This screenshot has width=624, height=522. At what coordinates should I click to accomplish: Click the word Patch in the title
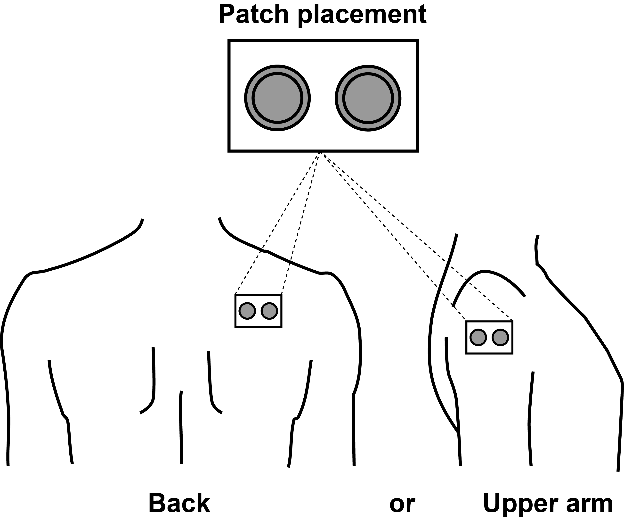pos(254,15)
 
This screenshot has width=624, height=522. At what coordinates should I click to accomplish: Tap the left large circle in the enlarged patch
pos(277,98)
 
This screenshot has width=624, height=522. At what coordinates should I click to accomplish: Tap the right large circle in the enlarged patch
pos(368,98)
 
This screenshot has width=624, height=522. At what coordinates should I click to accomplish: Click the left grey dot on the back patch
pos(247,311)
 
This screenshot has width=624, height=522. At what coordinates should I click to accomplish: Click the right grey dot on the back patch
pos(269,311)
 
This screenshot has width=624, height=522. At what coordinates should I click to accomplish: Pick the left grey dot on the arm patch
pos(478,337)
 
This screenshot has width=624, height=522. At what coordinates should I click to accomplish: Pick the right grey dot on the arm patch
pos(500,337)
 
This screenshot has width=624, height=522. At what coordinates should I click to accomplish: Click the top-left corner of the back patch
pos(235,295)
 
